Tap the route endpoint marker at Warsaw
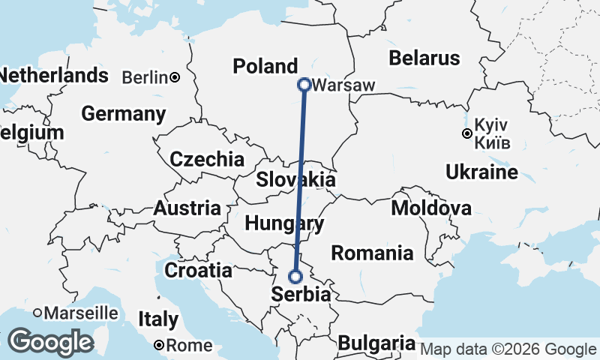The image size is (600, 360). (304, 85)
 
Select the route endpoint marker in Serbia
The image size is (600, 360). (295, 276)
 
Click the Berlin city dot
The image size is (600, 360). (174, 76)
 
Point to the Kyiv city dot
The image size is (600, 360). (466, 134)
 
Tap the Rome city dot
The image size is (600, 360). (159, 345)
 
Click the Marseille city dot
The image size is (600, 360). (37, 312)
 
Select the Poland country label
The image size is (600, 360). (265, 66)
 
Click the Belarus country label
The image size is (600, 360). (424, 58)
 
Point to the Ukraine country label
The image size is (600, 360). (481, 172)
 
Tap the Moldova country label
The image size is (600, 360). (431, 208)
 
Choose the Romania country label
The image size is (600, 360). (372, 253)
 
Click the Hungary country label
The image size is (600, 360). (284, 223)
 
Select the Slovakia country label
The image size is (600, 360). (295, 180)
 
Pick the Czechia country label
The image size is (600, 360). (207, 160)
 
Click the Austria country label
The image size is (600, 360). (187, 208)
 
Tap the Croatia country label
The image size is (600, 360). (198, 270)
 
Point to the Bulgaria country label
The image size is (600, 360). (376, 343)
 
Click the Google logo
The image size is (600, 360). (50, 342)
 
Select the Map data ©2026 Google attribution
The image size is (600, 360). (508, 349)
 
